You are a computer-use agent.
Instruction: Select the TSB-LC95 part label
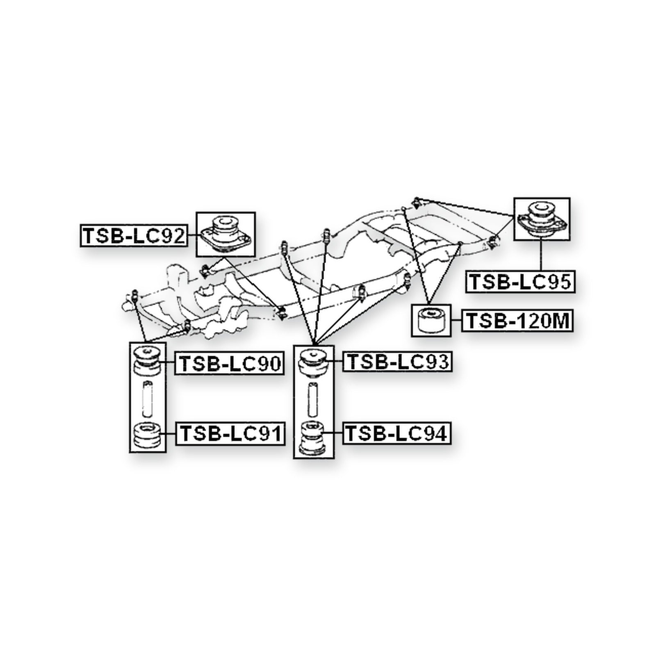point(520,282)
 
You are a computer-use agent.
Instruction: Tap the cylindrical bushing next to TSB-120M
point(431,321)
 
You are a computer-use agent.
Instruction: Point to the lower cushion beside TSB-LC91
point(148,436)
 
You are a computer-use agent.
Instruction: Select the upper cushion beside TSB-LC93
point(314,361)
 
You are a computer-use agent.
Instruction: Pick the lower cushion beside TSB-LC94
point(314,438)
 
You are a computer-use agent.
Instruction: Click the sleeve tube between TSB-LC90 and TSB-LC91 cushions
point(147,399)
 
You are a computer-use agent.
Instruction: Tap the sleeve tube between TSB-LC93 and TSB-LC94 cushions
point(314,398)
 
